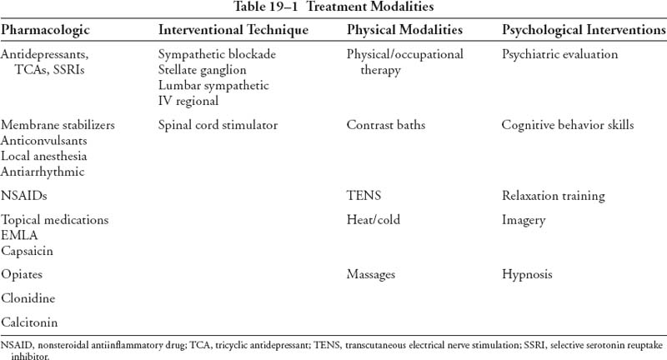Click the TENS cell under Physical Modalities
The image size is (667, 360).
[x=361, y=197]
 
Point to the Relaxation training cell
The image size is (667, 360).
[x=553, y=197]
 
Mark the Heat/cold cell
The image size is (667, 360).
[x=374, y=220]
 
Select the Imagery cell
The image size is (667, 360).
[x=524, y=220]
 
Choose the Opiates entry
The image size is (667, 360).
[x=22, y=273]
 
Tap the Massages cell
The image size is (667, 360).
[x=371, y=273]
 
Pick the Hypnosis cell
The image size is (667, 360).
[x=527, y=273]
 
